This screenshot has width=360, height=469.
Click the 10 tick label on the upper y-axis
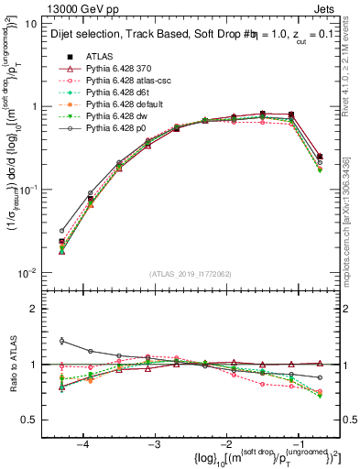[33, 24]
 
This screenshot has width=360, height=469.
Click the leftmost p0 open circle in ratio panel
[61, 341]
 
